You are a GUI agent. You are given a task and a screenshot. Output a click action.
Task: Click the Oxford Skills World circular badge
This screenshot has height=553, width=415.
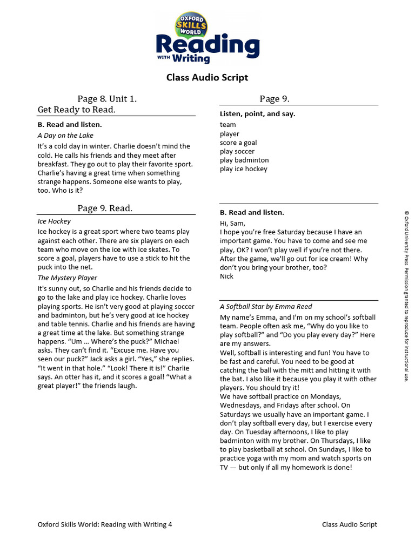190,25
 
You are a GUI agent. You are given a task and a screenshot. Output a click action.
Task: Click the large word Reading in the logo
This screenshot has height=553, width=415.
207,45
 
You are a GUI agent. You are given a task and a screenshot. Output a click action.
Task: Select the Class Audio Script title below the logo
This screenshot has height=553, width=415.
207,78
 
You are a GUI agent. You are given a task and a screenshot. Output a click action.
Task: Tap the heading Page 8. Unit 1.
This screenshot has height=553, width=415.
107,99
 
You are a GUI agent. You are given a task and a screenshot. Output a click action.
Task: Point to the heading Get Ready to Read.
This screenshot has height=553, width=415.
77,110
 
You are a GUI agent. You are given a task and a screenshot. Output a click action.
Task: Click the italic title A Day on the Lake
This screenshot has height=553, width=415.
65,136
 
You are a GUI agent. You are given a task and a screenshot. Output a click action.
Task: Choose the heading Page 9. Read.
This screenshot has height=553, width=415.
105,208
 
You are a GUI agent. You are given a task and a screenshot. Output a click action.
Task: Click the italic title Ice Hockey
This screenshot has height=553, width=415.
54,221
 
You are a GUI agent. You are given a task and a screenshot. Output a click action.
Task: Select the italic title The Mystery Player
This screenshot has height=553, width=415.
68,278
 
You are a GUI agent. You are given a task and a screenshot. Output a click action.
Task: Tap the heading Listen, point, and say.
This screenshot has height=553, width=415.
257,114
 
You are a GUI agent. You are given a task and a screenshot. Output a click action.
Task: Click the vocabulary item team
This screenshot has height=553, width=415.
228,125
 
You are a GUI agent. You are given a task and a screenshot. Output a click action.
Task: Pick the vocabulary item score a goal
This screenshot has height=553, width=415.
238,143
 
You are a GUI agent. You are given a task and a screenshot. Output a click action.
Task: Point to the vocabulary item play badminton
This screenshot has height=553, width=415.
244,160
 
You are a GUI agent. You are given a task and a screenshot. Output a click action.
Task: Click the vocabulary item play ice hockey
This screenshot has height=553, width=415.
244,169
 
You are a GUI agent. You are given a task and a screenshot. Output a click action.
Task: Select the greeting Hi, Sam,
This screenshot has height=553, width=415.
232,224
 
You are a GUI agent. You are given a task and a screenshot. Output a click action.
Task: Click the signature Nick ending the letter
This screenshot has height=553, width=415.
227,276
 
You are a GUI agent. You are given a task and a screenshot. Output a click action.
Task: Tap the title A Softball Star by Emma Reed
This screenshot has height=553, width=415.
266,307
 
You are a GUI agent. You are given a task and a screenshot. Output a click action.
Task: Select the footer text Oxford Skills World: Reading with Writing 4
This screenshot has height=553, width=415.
105,524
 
